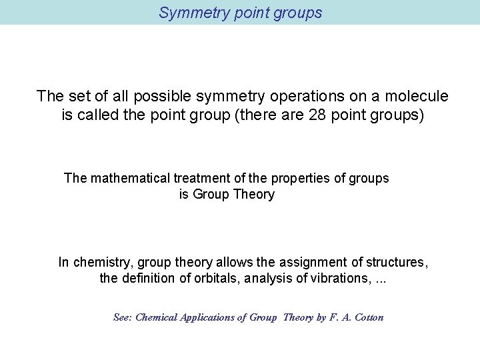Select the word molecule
[x=415, y=96]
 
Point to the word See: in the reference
[x=123, y=317]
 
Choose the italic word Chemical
[x=156, y=317]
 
